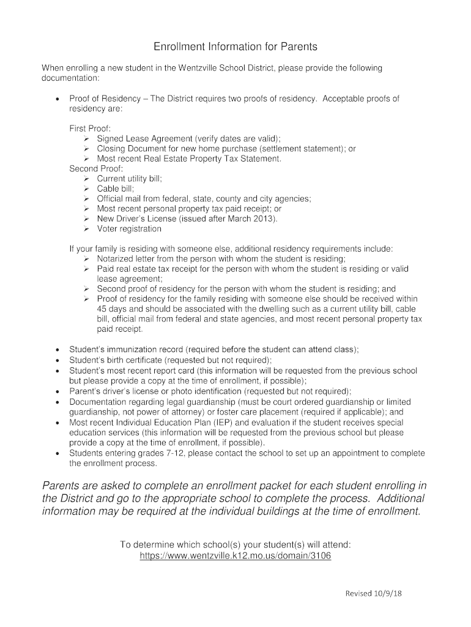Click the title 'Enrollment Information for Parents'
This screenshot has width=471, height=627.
[236, 47]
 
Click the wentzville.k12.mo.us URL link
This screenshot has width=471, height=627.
[236, 556]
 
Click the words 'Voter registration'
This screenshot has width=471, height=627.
[129, 229]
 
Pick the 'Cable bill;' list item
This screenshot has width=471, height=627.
[115, 189]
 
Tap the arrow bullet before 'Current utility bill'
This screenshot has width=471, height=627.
[86, 179]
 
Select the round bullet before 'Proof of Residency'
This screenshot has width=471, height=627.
[57, 99]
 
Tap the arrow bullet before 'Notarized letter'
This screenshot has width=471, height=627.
[86, 259]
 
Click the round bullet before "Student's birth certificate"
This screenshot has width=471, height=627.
[57, 361]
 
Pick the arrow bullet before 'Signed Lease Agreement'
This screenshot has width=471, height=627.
[86, 138]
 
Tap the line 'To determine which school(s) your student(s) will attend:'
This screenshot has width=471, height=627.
[236, 544]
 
